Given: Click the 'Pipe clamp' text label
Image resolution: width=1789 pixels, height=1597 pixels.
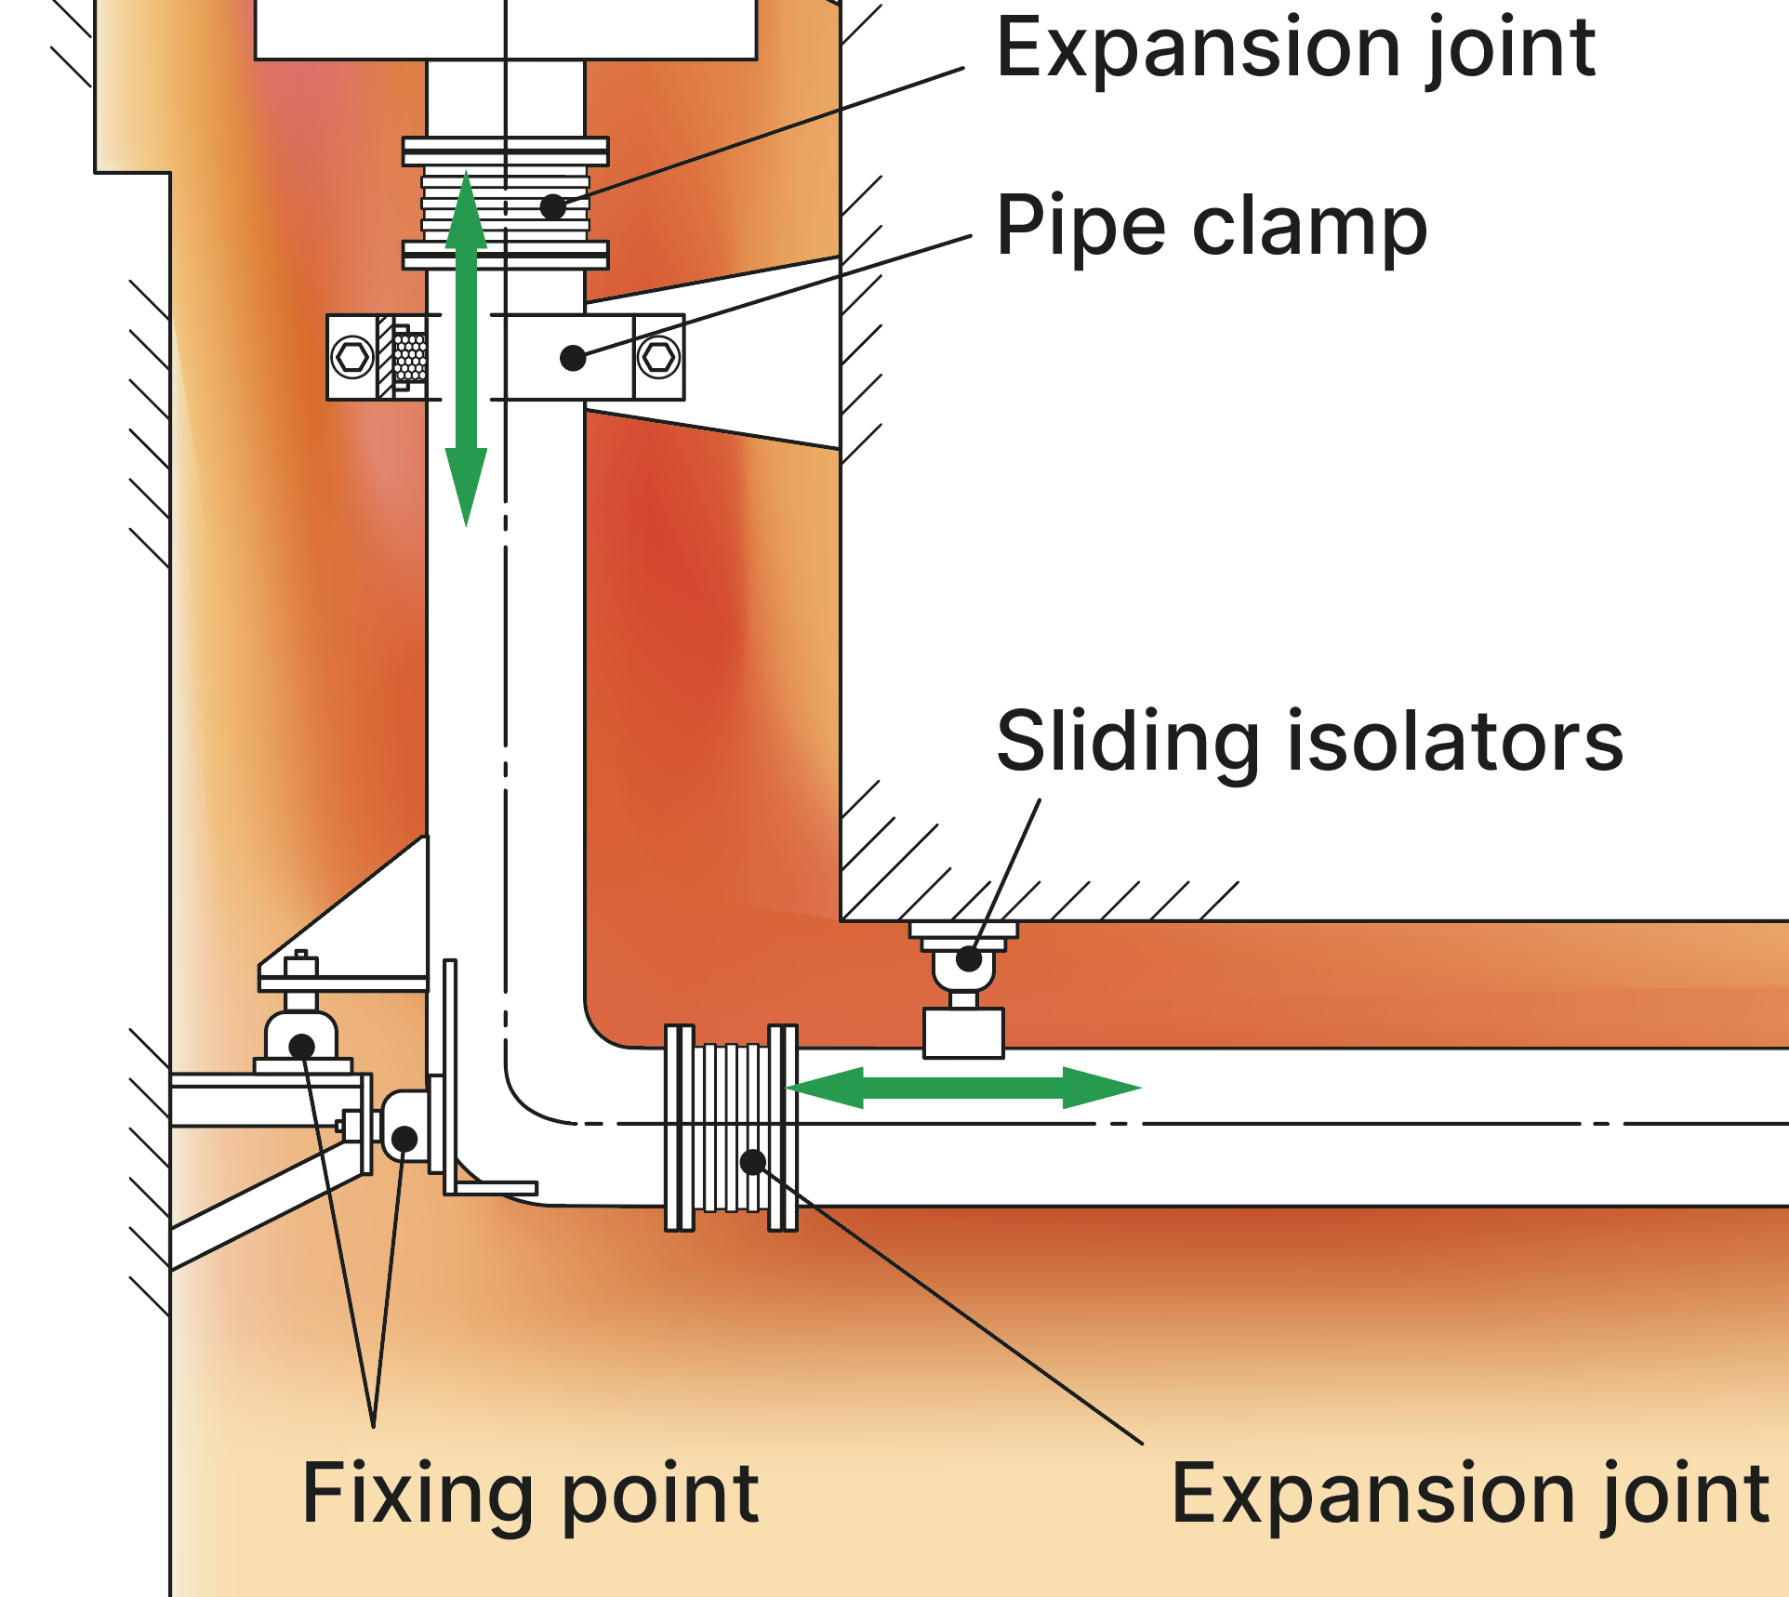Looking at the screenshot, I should pyautogui.click(x=1211, y=227).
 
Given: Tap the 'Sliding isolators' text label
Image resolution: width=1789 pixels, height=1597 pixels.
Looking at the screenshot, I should pyautogui.click(x=1309, y=742).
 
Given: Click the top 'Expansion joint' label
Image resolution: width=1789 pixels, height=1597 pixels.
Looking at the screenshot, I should pyautogui.click(x=1295, y=48).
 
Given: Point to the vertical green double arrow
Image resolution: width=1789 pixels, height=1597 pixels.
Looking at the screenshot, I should pyautogui.click(x=466, y=349).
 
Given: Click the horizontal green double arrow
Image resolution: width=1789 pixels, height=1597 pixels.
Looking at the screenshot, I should pyautogui.click(x=963, y=1088).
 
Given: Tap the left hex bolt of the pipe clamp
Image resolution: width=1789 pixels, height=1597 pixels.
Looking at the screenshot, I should pyautogui.click(x=352, y=357).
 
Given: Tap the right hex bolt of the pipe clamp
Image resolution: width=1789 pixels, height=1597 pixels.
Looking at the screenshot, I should pyautogui.click(x=659, y=357).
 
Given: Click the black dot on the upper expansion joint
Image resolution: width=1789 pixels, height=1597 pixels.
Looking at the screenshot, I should pyautogui.click(x=553, y=206).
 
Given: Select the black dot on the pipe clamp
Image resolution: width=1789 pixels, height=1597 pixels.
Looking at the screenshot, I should pyautogui.click(x=573, y=358).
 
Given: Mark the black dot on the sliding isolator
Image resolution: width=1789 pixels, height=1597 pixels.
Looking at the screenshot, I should pyautogui.click(x=969, y=959).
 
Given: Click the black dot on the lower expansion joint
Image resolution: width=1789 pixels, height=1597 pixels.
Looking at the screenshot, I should pyautogui.click(x=753, y=1161).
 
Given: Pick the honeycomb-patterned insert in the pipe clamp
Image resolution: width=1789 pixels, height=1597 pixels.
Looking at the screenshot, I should pyautogui.click(x=410, y=357).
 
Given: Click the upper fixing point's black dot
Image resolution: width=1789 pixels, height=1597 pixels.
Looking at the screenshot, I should pyautogui.click(x=301, y=1047).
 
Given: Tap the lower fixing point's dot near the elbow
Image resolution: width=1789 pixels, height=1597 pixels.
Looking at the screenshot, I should pyautogui.click(x=404, y=1138).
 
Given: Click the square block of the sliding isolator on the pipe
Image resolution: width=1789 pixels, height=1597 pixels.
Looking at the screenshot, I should pyautogui.click(x=963, y=1033).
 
